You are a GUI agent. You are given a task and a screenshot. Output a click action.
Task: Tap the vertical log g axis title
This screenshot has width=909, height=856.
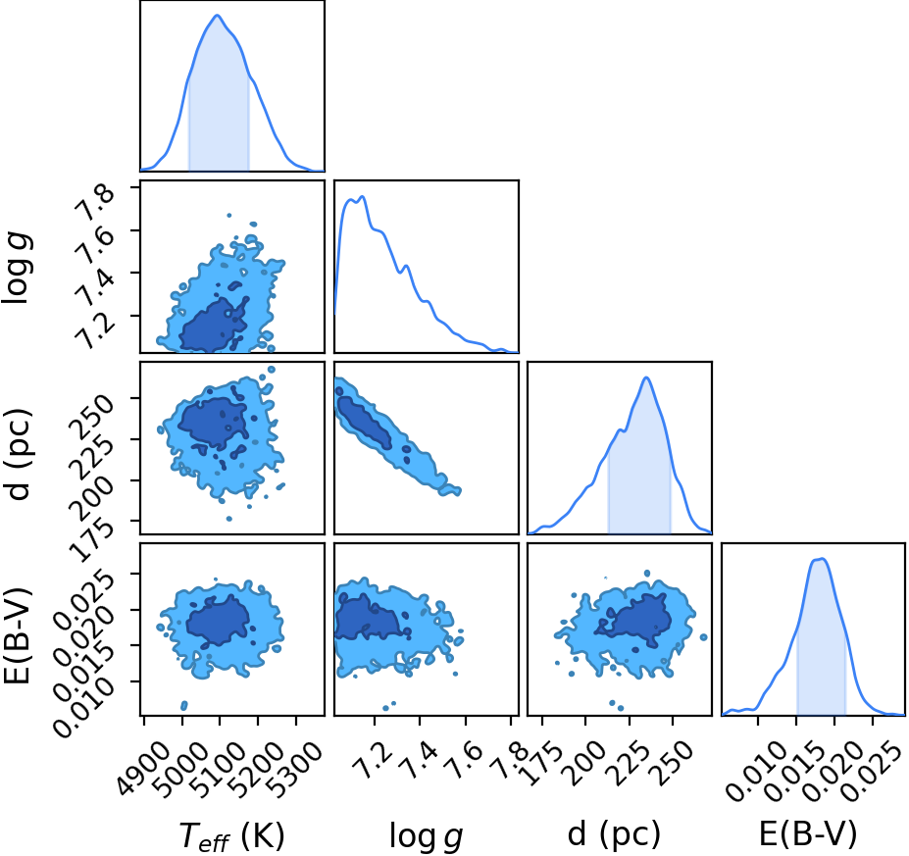(x=19, y=269)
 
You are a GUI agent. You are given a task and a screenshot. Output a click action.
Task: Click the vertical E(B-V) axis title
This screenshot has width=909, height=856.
(x=17, y=635)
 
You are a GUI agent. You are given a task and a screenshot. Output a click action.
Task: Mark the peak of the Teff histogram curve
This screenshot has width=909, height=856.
(x=218, y=15)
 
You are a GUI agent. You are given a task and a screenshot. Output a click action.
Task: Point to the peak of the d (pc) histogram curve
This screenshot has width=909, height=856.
(x=646, y=378)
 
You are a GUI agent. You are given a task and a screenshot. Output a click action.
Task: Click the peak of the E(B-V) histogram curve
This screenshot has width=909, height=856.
(x=822, y=559)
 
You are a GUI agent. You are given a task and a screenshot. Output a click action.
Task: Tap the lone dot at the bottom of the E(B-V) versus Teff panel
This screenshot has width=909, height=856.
(x=184, y=705)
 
